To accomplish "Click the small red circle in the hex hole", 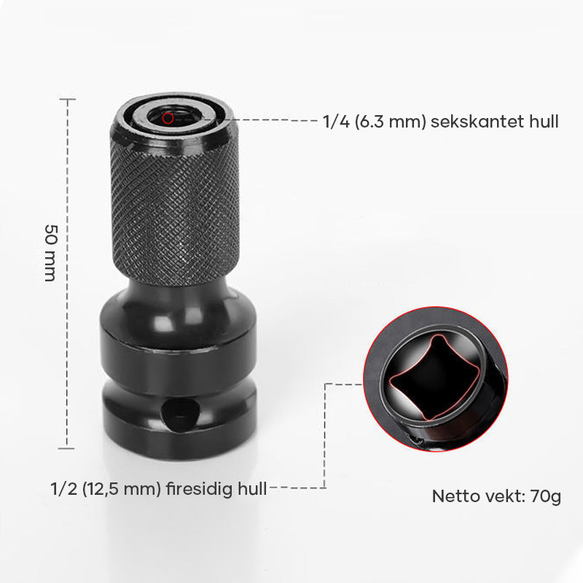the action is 168,118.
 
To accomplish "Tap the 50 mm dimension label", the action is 51,253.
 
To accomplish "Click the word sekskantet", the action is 477,122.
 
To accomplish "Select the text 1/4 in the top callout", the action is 336,122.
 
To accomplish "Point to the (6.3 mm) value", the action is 391,122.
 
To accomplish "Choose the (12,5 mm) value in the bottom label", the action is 122,488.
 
